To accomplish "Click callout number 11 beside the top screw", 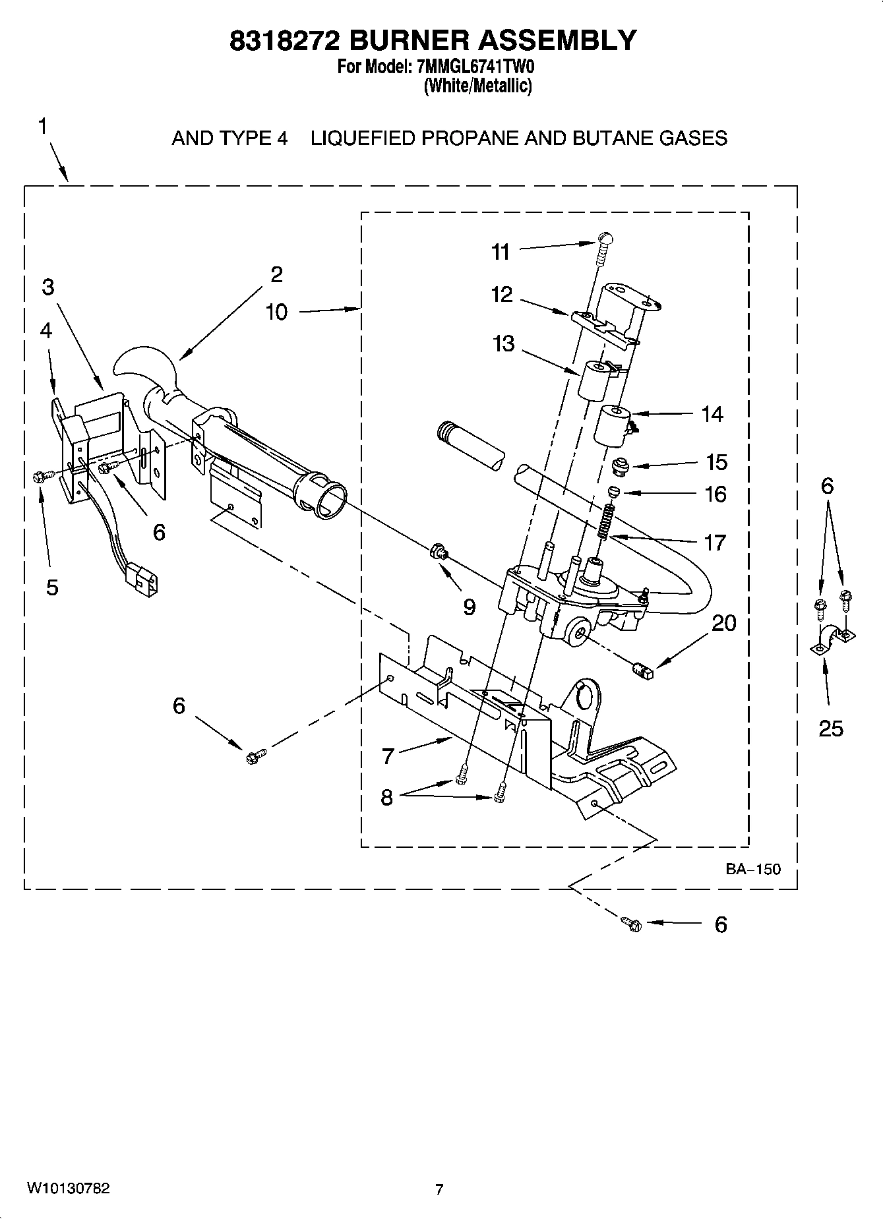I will [501, 252].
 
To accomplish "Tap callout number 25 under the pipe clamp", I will [830, 728].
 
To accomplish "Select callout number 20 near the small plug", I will [723, 623].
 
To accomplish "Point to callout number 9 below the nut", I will [469, 607].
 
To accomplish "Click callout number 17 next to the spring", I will [715, 543].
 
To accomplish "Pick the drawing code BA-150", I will [753, 869].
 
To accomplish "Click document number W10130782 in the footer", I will [68, 1189].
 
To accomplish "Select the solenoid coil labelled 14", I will [614, 426].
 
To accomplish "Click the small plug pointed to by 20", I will [642, 671].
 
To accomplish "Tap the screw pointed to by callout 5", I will [38, 476].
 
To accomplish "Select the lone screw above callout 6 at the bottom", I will [631, 924].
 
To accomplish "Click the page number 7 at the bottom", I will [439, 1189].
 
